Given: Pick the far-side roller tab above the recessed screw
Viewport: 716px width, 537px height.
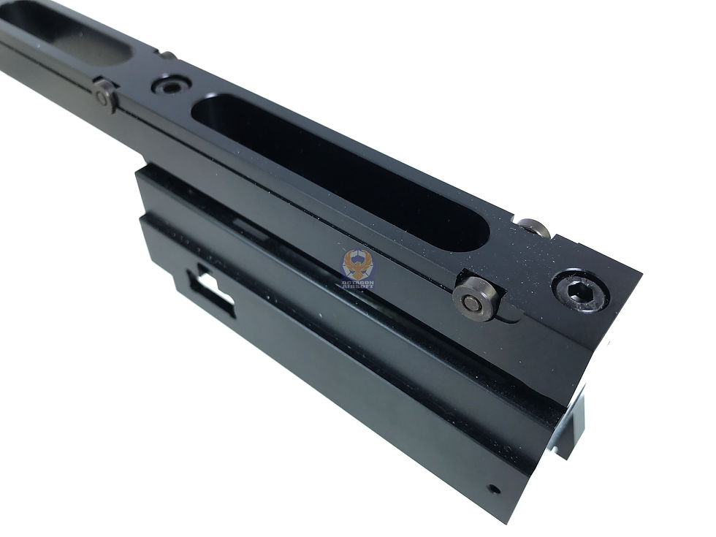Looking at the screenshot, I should point(167,56).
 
